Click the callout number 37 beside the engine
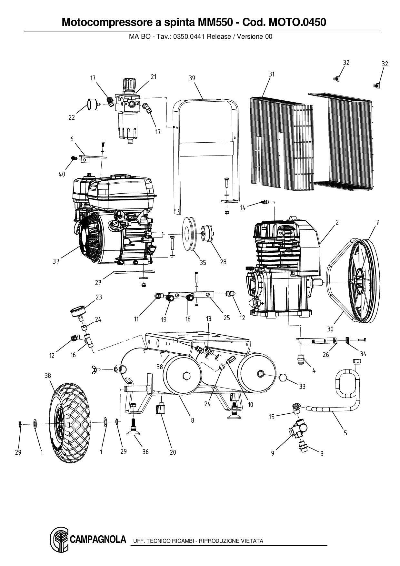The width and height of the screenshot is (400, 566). pyautogui.click(x=56, y=261)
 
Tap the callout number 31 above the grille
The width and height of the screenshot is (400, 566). pyautogui.click(x=272, y=74)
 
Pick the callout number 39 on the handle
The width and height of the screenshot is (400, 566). pyautogui.click(x=192, y=78)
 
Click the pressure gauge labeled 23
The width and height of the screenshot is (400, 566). pyautogui.click(x=79, y=312)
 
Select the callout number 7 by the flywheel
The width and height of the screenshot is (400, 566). pyautogui.click(x=377, y=222)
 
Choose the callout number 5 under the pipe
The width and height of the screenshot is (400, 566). pyautogui.click(x=345, y=433)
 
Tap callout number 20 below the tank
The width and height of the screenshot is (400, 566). pyautogui.click(x=173, y=452)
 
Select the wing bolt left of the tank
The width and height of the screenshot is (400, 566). pyautogui.click(x=96, y=369)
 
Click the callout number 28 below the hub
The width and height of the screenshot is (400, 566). pyautogui.click(x=223, y=262)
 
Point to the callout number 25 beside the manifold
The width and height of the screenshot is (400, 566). pyautogui.click(x=227, y=318)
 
